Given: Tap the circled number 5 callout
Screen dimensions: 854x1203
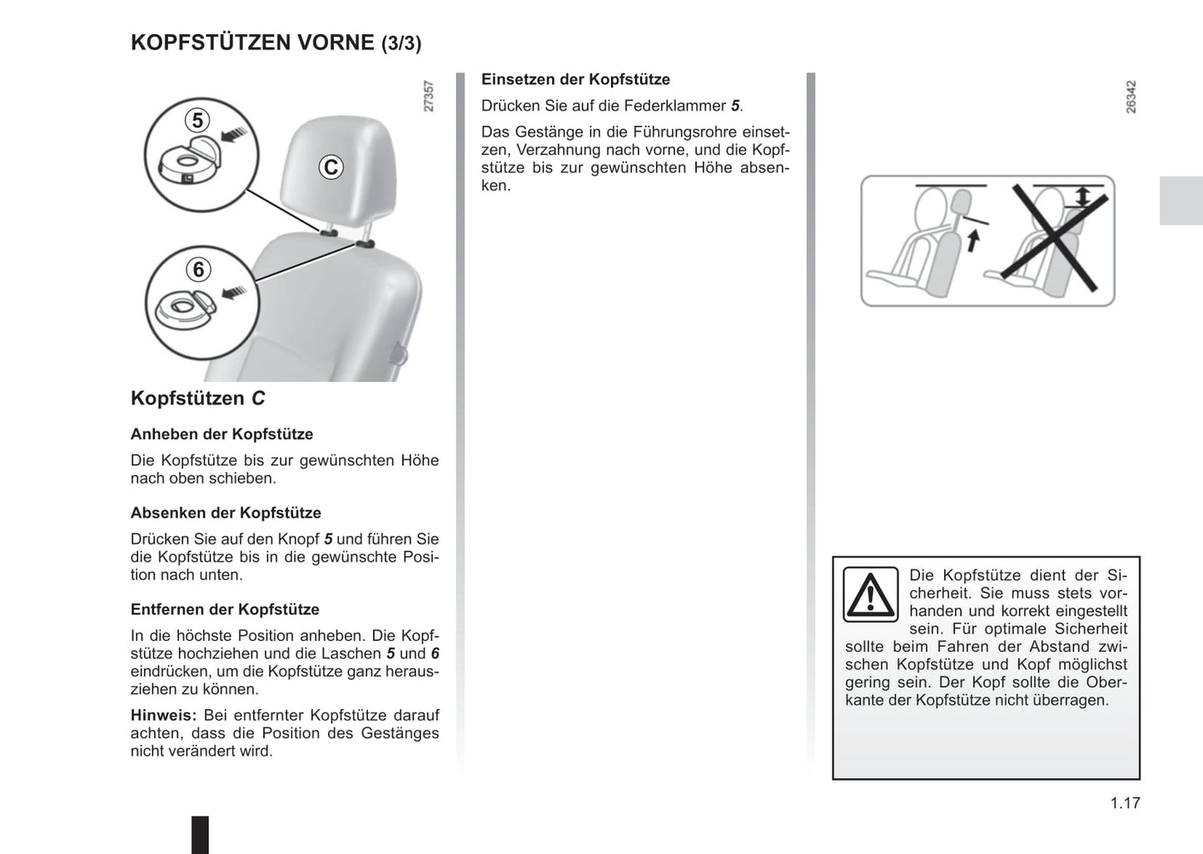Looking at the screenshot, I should point(197,121).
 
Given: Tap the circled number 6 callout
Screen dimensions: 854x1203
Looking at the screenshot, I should point(198,270).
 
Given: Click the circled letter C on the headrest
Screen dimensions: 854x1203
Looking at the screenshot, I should point(331,167).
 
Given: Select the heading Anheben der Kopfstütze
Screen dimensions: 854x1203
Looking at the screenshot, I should point(221,434).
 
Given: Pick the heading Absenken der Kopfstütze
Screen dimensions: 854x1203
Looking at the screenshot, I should point(226,513).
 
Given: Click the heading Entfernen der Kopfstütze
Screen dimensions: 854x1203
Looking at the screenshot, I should point(225,609).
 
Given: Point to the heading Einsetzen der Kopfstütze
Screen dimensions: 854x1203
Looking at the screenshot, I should point(575,80).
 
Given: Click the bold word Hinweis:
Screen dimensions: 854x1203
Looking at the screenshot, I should point(163,715).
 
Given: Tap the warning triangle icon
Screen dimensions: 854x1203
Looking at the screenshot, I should point(870,594).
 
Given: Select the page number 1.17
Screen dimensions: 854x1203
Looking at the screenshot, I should point(1125,803).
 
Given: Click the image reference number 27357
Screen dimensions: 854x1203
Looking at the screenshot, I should point(429,97).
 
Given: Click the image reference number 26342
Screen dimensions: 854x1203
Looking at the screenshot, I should point(1131,97).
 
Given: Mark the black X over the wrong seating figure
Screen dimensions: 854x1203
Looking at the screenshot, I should point(1059,240).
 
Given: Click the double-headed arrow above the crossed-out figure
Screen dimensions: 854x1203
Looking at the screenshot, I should point(1081,196).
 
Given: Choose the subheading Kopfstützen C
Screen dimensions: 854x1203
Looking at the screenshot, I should point(197,398).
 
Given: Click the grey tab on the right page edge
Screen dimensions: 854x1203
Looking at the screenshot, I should point(1181,201).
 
